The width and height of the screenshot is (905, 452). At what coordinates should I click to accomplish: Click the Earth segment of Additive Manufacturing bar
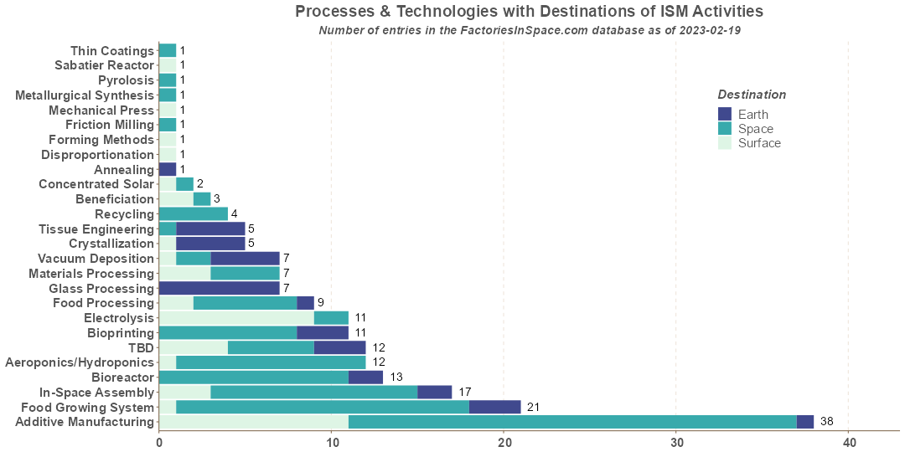tap(805, 422)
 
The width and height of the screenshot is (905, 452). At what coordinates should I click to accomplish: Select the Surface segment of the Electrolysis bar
tap(236, 318)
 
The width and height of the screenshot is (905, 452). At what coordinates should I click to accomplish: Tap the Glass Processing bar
tap(220, 288)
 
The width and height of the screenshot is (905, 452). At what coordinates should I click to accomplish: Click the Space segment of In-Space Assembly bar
tap(314, 392)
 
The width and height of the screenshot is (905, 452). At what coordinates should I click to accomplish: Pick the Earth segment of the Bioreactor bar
tap(366, 377)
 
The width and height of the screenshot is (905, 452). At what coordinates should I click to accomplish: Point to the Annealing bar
tap(168, 169)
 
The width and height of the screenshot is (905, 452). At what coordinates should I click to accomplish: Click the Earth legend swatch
tap(725, 114)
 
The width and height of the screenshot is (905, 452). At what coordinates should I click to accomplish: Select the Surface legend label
tap(759, 143)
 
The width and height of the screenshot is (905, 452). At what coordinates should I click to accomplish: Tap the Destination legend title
tap(752, 95)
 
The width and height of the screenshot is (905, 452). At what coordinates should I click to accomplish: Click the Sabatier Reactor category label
tap(105, 65)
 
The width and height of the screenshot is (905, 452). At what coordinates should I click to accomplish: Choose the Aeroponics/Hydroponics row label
tap(80, 362)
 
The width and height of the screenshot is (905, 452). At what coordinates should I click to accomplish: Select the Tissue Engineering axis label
tap(96, 229)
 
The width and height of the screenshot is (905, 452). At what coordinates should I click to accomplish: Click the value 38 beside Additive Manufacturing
tap(826, 422)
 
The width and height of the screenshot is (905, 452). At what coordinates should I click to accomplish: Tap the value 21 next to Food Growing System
tap(533, 407)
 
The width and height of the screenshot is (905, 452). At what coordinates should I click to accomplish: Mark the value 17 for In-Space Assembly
tap(464, 392)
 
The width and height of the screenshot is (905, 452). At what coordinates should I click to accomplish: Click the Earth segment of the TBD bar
tap(340, 347)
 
